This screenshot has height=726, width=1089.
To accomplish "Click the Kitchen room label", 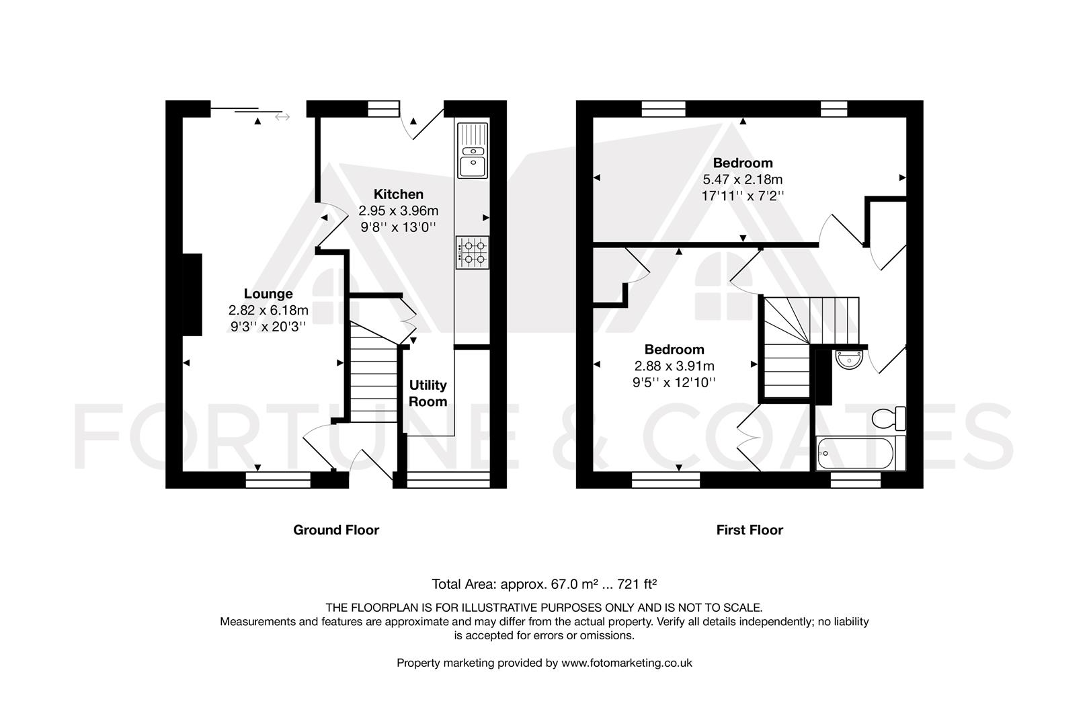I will click(x=399, y=194).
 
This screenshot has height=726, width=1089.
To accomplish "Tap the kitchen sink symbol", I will click(x=472, y=152).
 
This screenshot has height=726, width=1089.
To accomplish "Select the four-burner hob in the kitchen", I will click(x=472, y=252).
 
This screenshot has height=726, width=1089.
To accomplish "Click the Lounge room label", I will click(x=268, y=294).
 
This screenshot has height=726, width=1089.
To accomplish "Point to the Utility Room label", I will click(x=428, y=393).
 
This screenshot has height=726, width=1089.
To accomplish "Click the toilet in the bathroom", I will click(x=890, y=418).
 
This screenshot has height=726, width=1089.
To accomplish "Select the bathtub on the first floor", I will click(x=856, y=454).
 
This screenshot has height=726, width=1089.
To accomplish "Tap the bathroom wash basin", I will click(x=849, y=359).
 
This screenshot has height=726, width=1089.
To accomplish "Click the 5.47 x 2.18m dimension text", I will click(x=742, y=179).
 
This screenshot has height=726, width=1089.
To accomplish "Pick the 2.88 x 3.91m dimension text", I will click(x=674, y=366).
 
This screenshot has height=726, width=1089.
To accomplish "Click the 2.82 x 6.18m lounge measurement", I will click(x=268, y=311).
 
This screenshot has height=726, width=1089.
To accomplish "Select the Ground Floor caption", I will click(x=336, y=530).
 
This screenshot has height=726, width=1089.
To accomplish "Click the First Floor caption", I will click(x=750, y=530).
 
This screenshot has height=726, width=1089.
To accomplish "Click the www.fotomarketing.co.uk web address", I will click(x=627, y=663).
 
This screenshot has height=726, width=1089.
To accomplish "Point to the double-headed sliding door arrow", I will click(x=282, y=118).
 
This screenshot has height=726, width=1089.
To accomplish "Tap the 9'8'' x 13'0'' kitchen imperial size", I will click(x=399, y=227).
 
